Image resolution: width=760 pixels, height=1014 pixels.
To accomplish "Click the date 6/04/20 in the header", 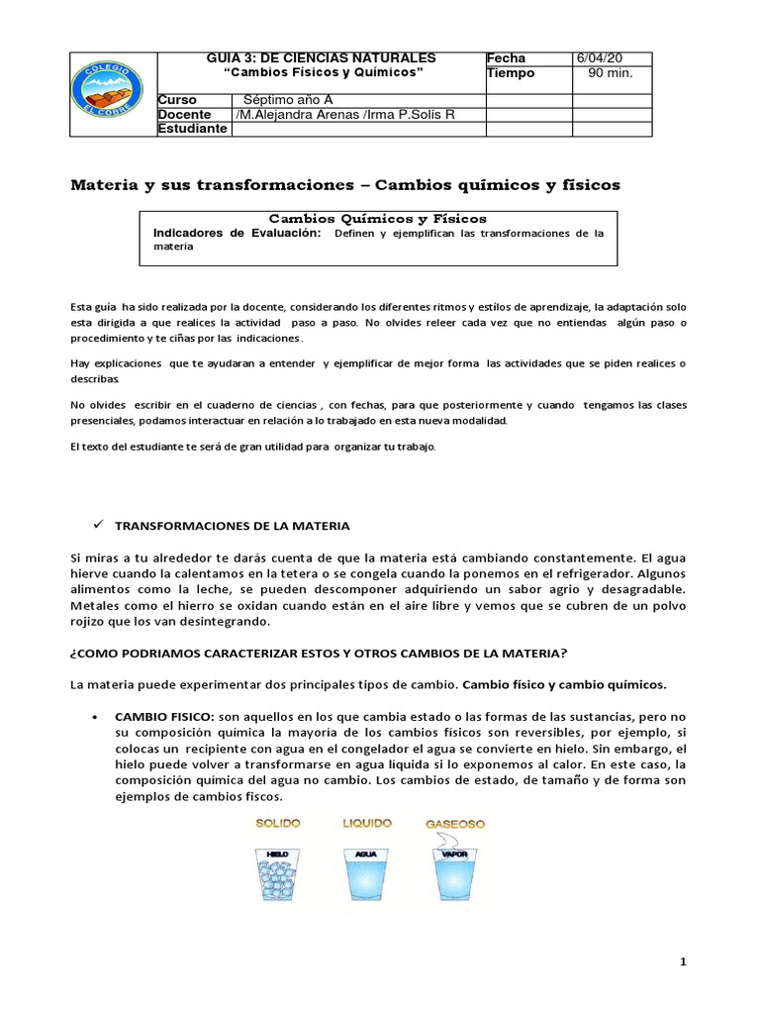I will click(600, 58).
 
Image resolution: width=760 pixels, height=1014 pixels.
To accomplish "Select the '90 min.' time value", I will click(611, 73).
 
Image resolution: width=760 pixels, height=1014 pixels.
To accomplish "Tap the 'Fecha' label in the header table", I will click(506, 58).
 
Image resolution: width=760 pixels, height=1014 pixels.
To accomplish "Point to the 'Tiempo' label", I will click(511, 73).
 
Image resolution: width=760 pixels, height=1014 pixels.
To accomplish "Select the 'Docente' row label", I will click(185, 115).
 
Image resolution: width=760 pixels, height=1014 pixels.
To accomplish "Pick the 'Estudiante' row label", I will click(192, 129).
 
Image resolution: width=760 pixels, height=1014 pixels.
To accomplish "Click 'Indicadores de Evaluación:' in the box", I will click(237, 233).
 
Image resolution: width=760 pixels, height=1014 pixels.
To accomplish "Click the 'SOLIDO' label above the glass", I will click(278, 823).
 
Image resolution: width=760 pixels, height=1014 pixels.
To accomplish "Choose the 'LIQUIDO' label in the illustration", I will click(366, 823).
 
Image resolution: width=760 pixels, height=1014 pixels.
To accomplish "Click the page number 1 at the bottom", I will click(682, 963).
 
